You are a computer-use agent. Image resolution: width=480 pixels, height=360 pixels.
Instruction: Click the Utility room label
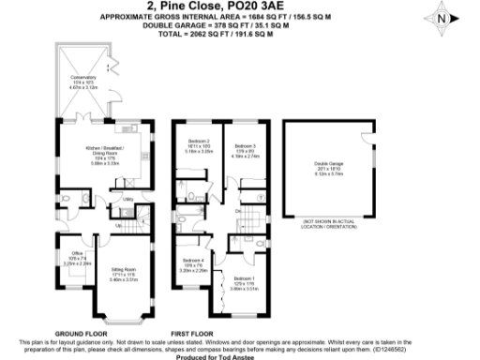point(125,200)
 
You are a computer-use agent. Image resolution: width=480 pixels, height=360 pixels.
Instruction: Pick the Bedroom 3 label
point(245,146)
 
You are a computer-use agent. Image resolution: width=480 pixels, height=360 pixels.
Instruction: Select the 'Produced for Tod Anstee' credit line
point(239,355)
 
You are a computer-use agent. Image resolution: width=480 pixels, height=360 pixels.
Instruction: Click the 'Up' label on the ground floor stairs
point(119,226)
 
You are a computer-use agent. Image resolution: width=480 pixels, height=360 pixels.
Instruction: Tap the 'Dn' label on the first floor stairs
point(239,213)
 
